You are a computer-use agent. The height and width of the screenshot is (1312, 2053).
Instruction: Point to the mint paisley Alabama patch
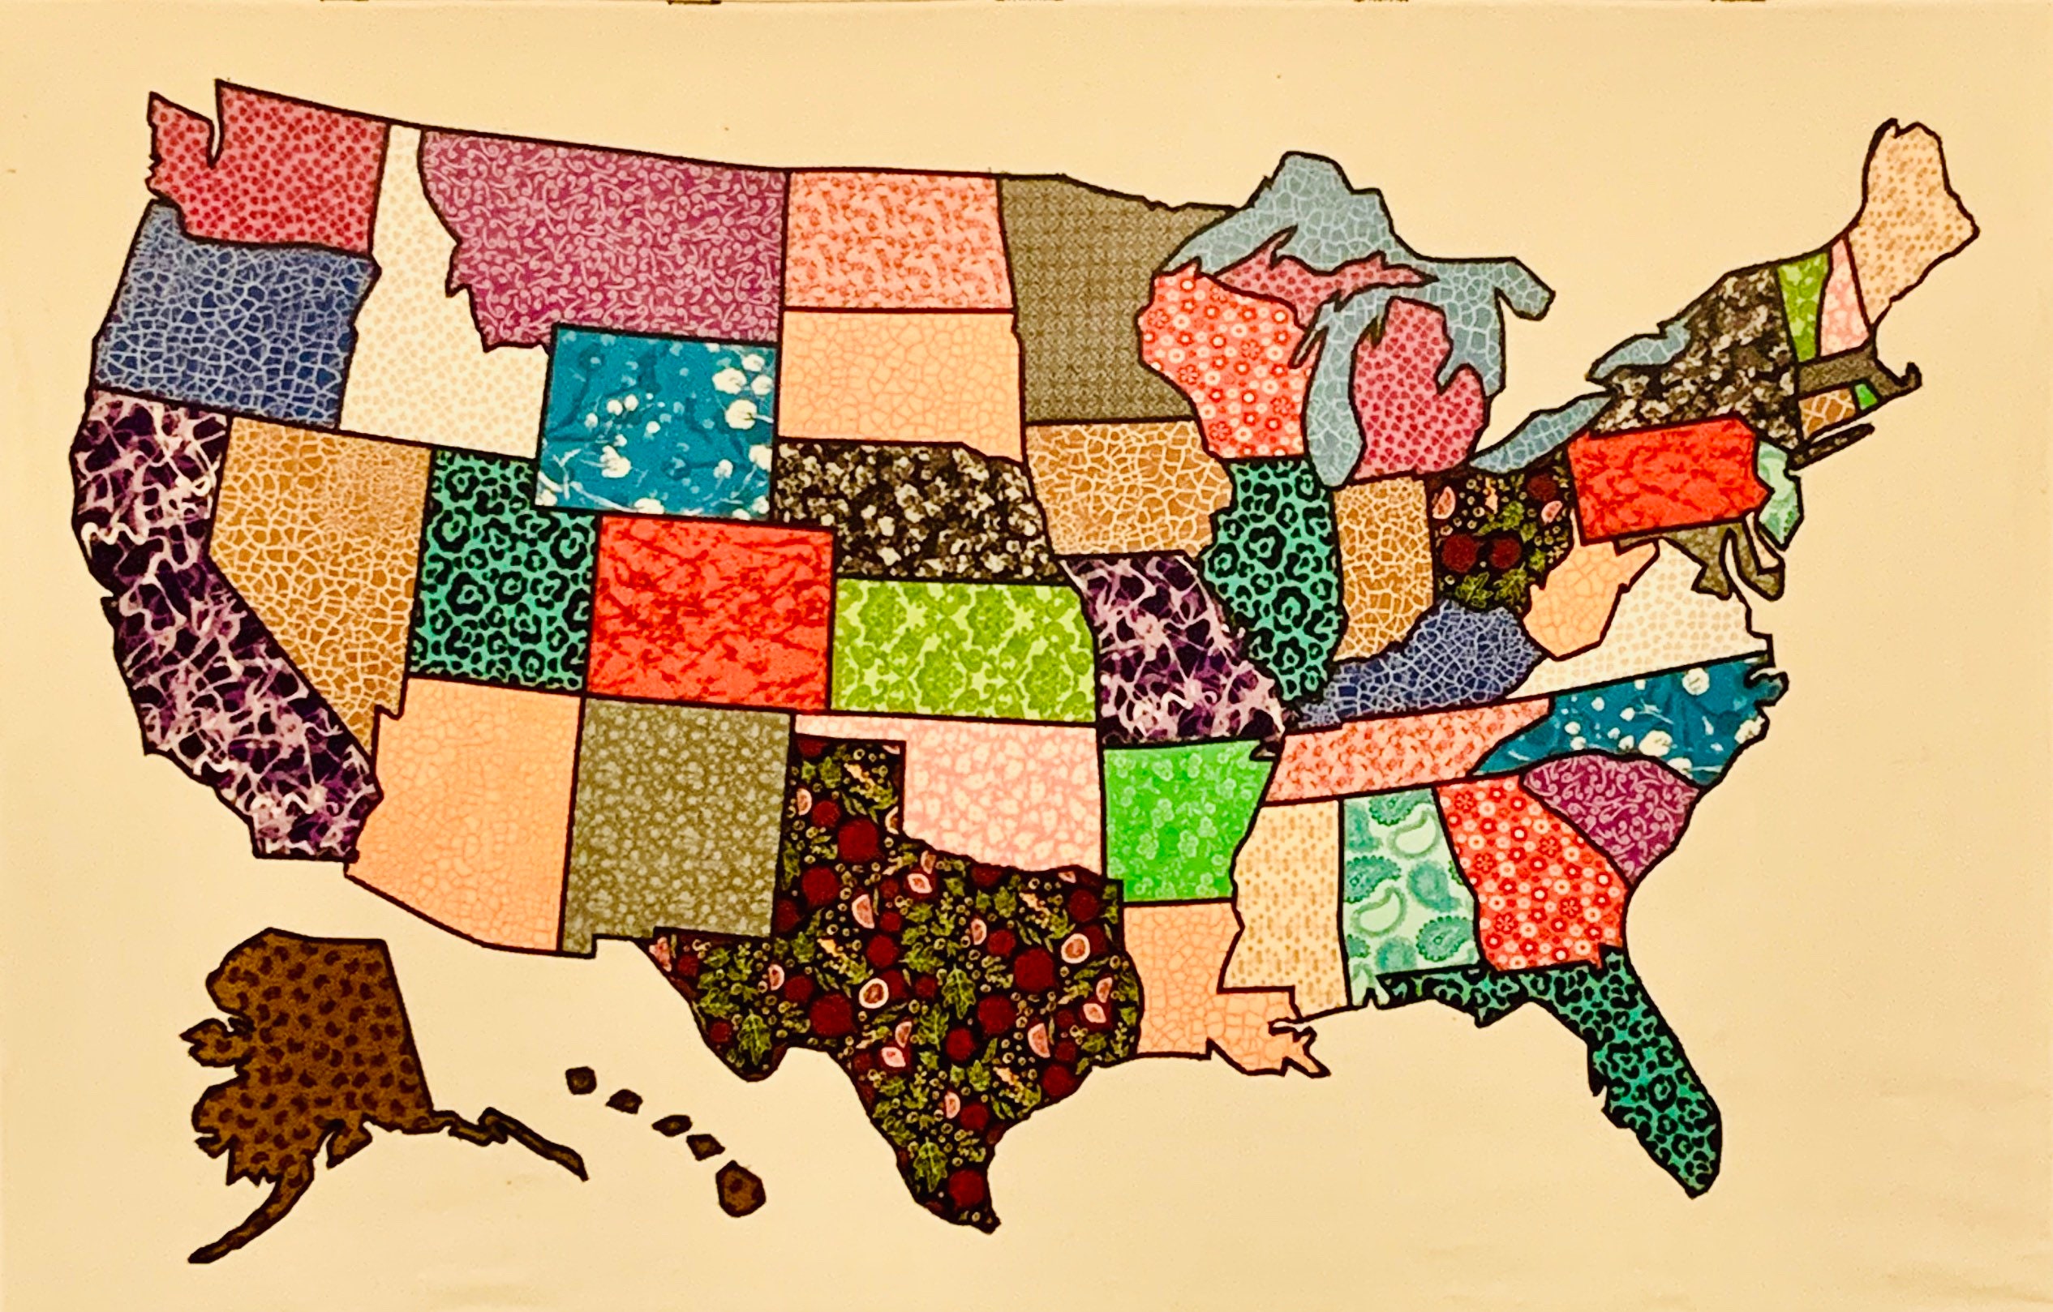tap(1398, 886)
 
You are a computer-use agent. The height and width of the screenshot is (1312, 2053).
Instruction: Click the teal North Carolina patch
tap(1646, 716)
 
